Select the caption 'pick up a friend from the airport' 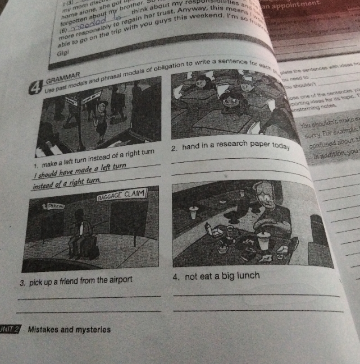76,279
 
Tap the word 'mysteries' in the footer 95,329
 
